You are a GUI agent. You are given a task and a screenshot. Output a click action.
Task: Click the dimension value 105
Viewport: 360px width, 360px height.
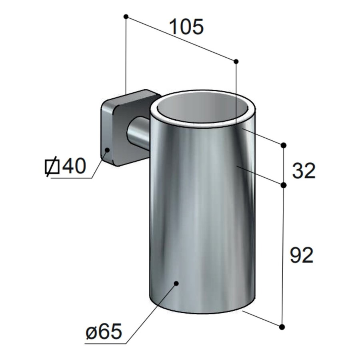click(x=186, y=27)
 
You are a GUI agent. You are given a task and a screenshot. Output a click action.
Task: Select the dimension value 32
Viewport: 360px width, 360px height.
click(x=304, y=171)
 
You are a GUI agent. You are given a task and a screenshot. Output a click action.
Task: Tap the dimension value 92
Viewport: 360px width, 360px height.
click(x=301, y=255)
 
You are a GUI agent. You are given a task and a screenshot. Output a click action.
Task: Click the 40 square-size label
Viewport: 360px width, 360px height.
click(x=74, y=166)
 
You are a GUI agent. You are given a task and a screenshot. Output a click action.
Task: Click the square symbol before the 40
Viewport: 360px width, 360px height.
click(x=52, y=167)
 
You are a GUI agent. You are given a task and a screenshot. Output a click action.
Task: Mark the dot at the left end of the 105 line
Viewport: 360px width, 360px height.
click(x=126, y=16)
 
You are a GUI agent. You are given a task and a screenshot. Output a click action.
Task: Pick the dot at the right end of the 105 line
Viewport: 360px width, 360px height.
click(x=236, y=61)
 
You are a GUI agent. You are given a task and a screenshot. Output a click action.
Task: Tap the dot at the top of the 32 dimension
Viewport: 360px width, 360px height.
click(x=284, y=145)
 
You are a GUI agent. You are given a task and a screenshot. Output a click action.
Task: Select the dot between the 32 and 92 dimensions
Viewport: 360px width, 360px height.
click(x=284, y=185)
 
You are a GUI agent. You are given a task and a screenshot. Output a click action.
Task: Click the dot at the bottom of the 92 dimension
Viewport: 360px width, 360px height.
click(x=283, y=327)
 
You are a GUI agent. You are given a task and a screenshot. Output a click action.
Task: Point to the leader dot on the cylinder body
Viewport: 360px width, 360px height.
click(x=176, y=283)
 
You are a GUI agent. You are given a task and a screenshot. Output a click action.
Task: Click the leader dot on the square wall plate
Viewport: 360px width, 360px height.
click(x=107, y=150)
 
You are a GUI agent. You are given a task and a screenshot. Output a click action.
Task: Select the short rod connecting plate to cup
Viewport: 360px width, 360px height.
click(x=138, y=134)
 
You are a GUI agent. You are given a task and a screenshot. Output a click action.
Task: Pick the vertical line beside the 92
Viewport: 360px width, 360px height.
click(x=283, y=256)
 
